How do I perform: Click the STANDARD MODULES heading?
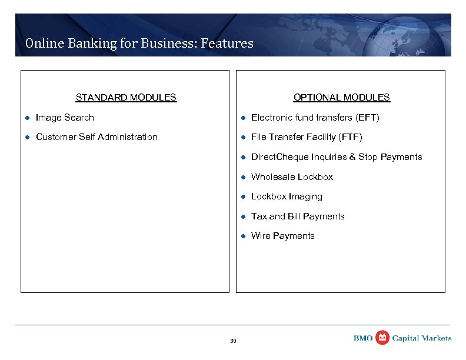click(x=126, y=98)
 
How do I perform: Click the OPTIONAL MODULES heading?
click(x=341, y=98)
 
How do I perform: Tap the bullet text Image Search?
click(x=65, y=118)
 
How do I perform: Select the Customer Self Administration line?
click(x=96, y=137)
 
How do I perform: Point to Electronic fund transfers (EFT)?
click(x=315, y=118)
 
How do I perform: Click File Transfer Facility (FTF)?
click(x=307, y=137)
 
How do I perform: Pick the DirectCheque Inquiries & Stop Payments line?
click(x=337, y=157)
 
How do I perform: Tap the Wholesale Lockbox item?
click(x=292, y=177)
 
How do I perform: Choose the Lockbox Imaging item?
click(x=287, y=196)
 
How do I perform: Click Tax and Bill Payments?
click(x=298, y=216)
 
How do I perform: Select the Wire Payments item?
click(x=282, y=236)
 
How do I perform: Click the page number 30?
click(x=233, y=341)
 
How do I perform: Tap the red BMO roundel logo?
click(x=382, y=338)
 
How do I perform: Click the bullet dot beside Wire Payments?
click(x=242, y=236)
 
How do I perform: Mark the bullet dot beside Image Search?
click(x=27, y=118)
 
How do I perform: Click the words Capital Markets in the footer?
click(x=422, y=338)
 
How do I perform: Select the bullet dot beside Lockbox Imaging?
click(x=242, y=197)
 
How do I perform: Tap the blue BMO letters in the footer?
click(x=363, y=338)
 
